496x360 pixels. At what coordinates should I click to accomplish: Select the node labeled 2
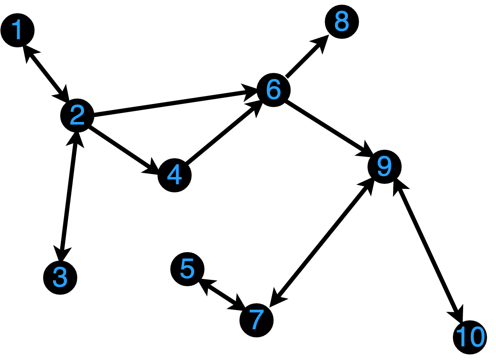pyautogui.click(x=77, y=116)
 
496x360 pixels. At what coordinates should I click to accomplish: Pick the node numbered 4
pyautogui.click(x=174, y=175)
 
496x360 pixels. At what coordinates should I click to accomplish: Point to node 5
pyautogui.click(x=187, y=269)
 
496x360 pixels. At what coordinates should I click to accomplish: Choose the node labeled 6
pyautogui.click(x=273, y=90)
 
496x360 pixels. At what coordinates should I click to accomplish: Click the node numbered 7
pyautogui.click(x=256, y=320)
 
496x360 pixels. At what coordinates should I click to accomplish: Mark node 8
pyautogui.click(x=342, y=22)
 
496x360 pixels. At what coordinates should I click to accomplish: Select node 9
pyautogui.click(x=385, y=167)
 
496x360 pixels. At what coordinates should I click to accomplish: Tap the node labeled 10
pyautogui.click(x=470, y=337)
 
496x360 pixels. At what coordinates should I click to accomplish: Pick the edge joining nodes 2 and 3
pyautogui.click(x=69, y=196)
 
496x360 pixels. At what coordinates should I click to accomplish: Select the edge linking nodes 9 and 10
pyautogui.click(x=427, y=252)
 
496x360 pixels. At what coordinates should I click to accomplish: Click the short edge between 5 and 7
pyautogui.click(x=222, y=295)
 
